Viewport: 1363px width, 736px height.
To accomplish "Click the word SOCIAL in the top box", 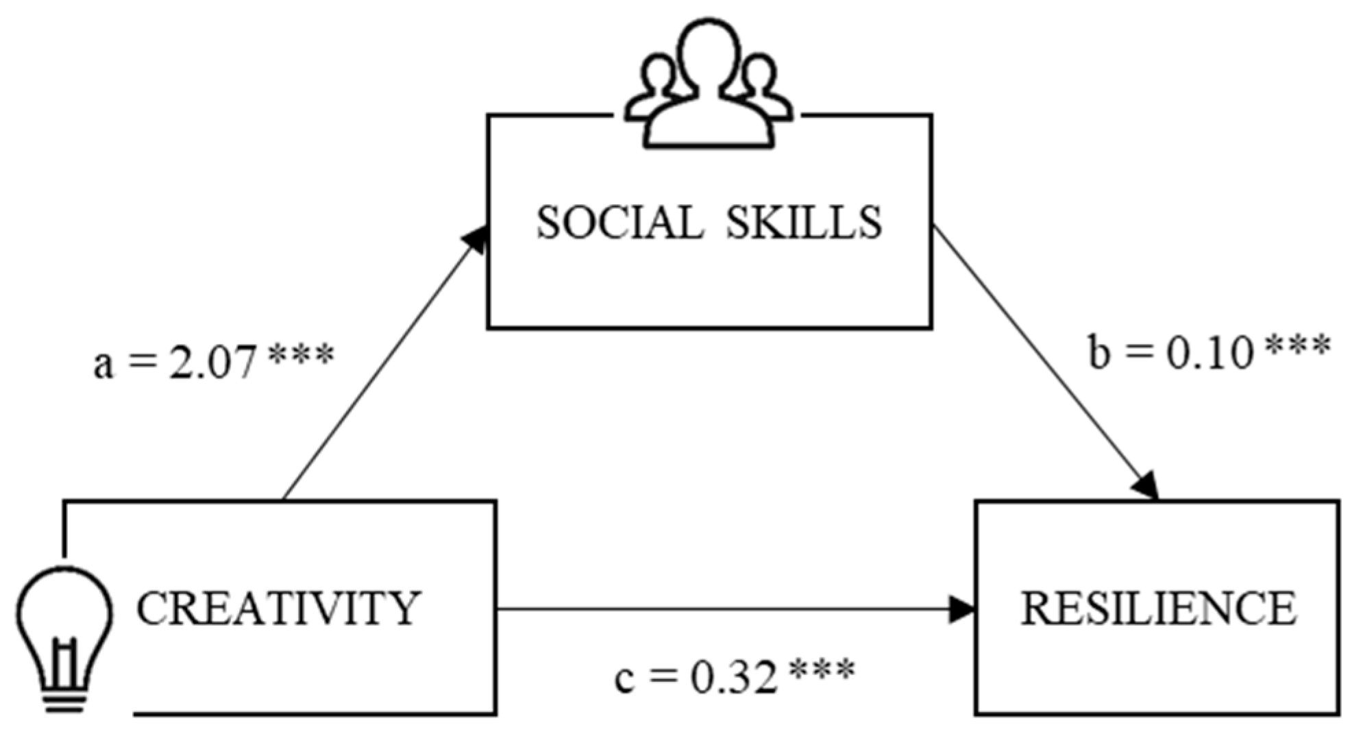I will coord(619,223).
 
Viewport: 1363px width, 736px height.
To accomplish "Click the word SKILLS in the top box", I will coord(804,223).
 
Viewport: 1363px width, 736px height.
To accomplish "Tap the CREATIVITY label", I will coord(278,609).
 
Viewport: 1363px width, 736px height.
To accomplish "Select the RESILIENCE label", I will coord(1158,609).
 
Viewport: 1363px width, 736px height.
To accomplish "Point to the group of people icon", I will coord(709,86).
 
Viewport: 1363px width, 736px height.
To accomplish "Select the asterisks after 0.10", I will coord(1297,347).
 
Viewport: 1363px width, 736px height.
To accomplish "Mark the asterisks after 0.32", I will coord(822,670).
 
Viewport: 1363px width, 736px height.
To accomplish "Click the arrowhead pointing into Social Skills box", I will coord(476,240).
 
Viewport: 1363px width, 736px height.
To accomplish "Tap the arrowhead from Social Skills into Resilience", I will coord(1146,486).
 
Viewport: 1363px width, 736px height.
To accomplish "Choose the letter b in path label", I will coord(1098,353).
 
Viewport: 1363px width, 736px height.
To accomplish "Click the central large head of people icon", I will coord(709,51).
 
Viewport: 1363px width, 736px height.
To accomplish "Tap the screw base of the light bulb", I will coord(66,700).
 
